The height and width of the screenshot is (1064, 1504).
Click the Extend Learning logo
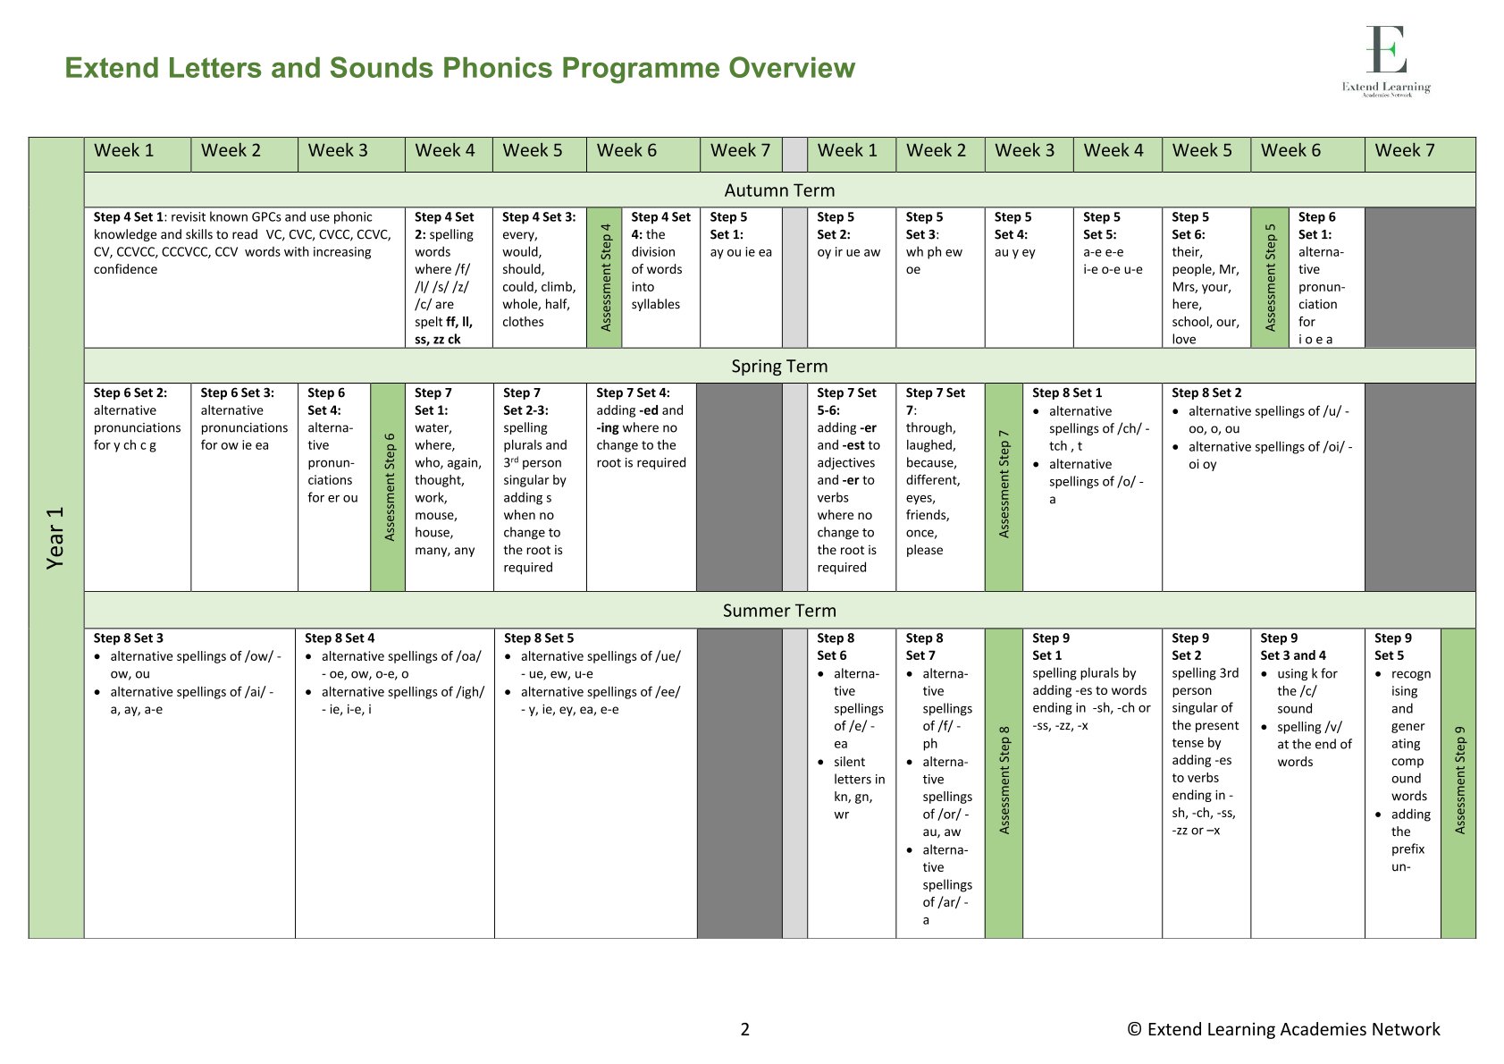pyautogui.click(x=1386, y=61)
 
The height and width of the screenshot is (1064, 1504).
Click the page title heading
pyautogui.click(x=459, y=68)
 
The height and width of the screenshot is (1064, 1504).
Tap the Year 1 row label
pyautogui.click(x=55, y=537)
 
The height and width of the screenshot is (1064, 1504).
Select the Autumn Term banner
pyautogui.click(x=779, y=190)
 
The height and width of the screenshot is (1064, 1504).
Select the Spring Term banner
pyautogui.click(x=779, y=367)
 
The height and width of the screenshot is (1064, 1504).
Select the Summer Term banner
pyautogui.click(x=779, y=611)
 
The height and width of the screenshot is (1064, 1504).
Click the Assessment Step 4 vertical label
pyautogui.click(x=605, y=277)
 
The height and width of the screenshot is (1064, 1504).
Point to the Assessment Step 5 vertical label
pyautogui.click(x=1270, y=277)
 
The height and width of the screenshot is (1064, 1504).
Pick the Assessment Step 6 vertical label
pyautogui.click(x=389, y=487)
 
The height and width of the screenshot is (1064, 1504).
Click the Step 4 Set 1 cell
pyautogui.click(x=244, y=243)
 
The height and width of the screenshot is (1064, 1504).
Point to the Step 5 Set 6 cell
pyautogui.click(x=1206, y=277)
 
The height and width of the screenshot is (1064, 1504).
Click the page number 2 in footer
pyautogui.click(x=745, y=1029)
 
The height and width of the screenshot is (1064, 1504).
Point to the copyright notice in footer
pyautogui.click(x=1283, y=1029)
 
